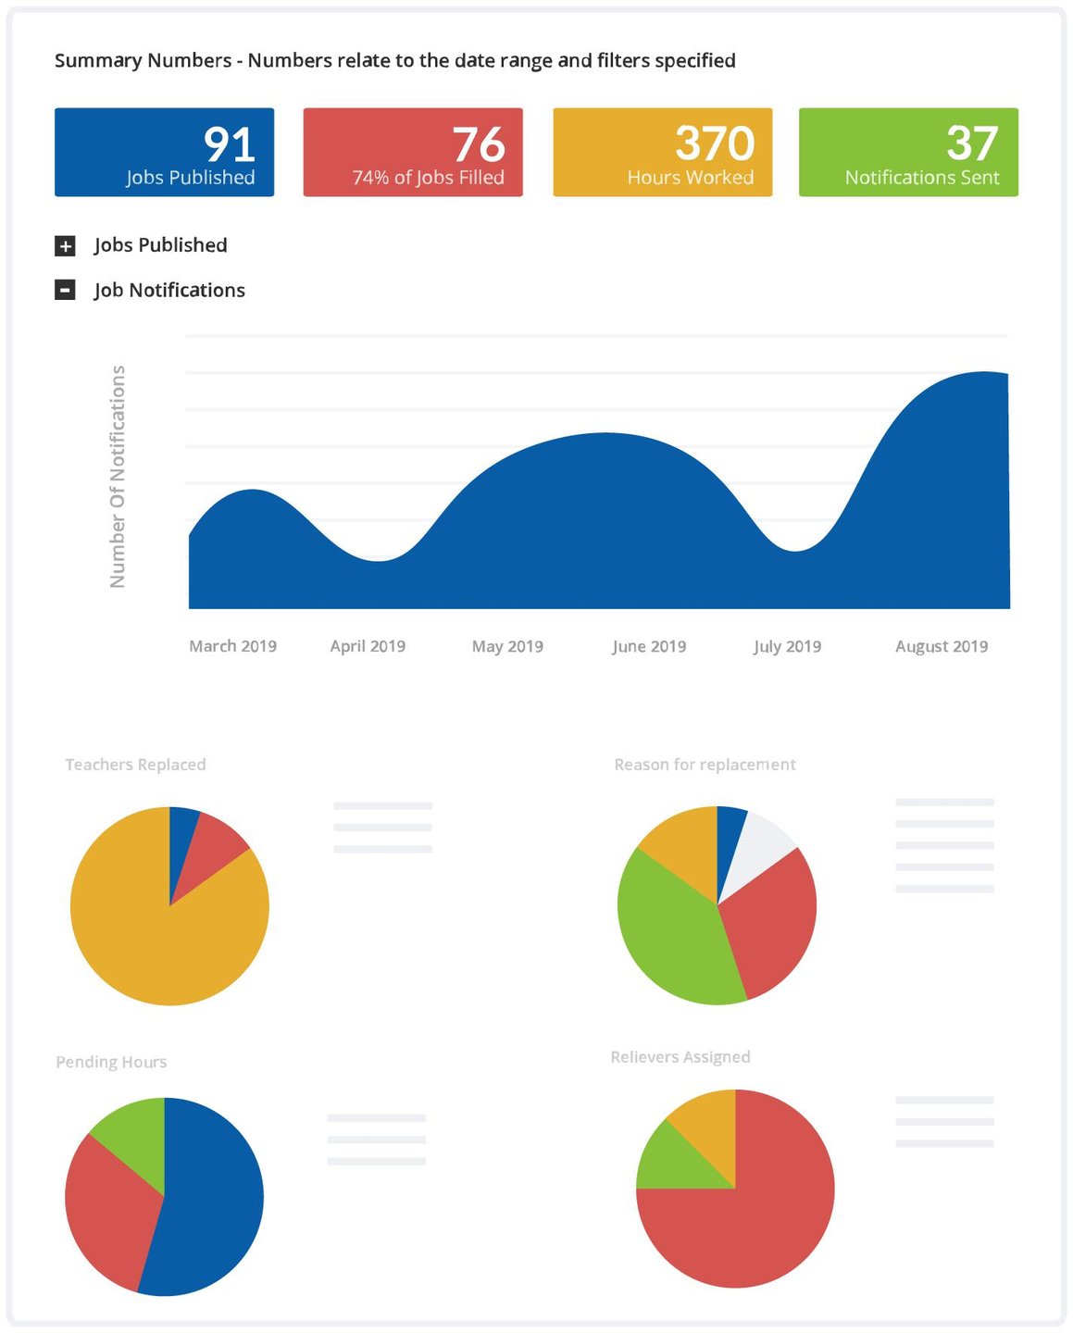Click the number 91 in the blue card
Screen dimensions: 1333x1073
[x=229, y=144]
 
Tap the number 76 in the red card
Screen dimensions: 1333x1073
[x=478, y=144]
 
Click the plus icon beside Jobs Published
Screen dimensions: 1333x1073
[x=65, y=246]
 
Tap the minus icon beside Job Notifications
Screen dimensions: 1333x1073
[x=65, y=291]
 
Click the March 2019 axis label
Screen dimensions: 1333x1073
[x=232, y=646]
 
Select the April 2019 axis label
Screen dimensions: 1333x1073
[x=368, y=646]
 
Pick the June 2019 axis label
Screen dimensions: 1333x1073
[x=648, y=646]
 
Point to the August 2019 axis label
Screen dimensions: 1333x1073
[x=941, y=646]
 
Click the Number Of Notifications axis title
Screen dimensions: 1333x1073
[x=118, y=476]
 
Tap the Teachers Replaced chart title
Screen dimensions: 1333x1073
[x=135, y=765]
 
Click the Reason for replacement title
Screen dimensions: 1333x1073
[x=705, y=765]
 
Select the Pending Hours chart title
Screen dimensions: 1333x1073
[x=111, y=1062]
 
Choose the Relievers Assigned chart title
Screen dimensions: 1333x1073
[x=680, y=1057]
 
